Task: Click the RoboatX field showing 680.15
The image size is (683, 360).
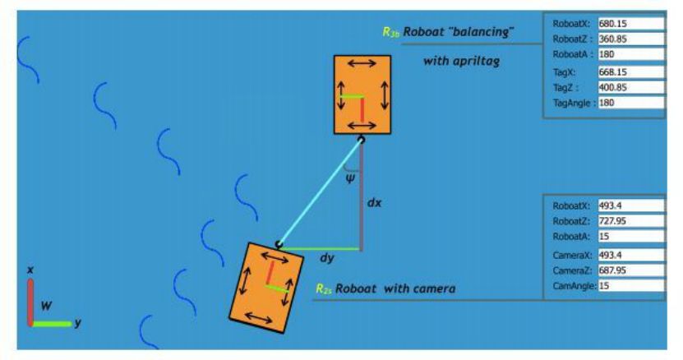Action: click(630, 24)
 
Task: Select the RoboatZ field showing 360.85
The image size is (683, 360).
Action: click(630, 39)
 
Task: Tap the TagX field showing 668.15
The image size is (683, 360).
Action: click(630, 72)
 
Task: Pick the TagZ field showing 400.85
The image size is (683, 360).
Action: click(630, 87)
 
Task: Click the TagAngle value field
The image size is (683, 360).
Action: click(630, 104)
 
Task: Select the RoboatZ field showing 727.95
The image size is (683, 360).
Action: click(630, 221)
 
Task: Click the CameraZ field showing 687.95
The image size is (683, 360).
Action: click(630, 270)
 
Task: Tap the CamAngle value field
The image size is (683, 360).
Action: click(630, 286)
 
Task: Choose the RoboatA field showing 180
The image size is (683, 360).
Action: click(630, 55)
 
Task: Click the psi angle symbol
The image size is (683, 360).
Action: click(351, 175)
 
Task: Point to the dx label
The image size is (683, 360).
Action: click(374, 201)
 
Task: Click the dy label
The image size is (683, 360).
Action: click(326, 258)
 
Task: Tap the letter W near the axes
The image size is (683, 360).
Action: click(47, 305)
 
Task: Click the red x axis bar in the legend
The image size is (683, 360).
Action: click(30, 301)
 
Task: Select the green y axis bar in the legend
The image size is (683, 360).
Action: click(52, 323)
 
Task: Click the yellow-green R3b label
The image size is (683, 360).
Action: click(391, 31)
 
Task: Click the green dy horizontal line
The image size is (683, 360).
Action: click(321, 247)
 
